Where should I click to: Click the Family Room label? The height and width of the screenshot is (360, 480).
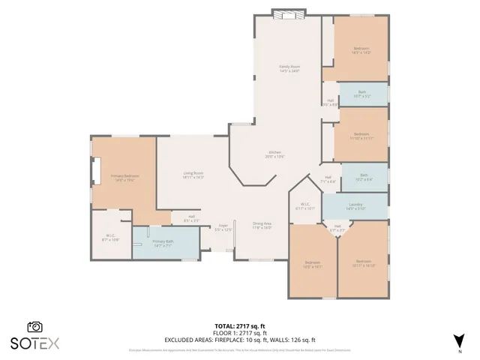click(x=289, y=68)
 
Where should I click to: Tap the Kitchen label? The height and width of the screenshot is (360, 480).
click(x=274, y=154)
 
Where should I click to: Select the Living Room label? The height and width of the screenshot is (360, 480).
click(x=193, y=175)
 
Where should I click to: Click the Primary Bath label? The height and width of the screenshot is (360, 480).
click(x=163, y=244)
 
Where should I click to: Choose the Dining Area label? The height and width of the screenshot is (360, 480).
click(x=262, y=224)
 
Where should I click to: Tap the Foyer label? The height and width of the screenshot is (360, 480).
click(x=223, y=227)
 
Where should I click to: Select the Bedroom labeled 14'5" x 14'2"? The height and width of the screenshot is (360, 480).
click(x=361, y=51)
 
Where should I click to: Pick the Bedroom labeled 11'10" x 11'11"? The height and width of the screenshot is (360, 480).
click(x=361, y=136)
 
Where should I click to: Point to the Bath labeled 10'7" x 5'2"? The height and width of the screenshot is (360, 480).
click(x=362, y=94)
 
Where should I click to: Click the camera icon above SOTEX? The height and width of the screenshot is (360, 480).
click(x=34, y=327)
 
